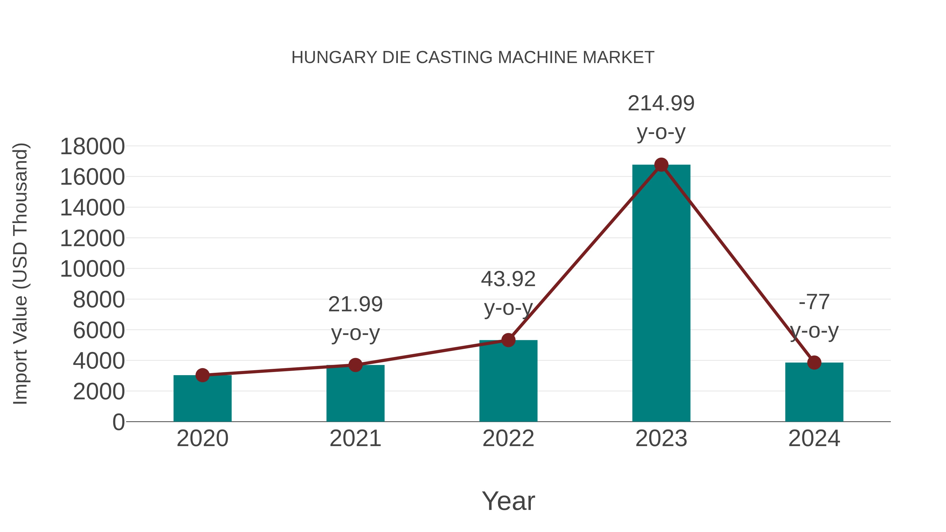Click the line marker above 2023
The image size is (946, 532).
pyautogui.click(x=661, y=165)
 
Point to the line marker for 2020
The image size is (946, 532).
pyautogui.click(x=202, y=375)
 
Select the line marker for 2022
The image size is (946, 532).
pyautogui.click(x=508, y=340)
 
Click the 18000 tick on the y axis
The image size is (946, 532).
pyautogui.click(x=92, y=147)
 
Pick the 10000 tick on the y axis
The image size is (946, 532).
pyautogui.click(x=92, y=269)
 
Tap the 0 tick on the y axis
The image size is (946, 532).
pyautogui.click(x=119, y=422)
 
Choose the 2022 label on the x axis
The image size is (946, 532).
pyautogui.click(x=508, y=438)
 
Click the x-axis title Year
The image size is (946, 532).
pyautogui.click(x=508, y=501)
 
